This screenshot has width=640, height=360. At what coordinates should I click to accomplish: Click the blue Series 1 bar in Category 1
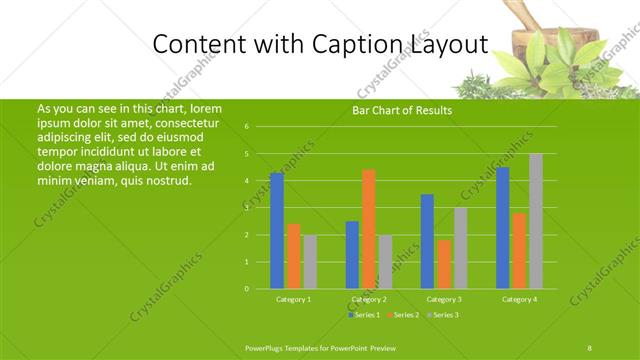point(277,230)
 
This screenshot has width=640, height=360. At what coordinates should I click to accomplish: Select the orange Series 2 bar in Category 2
point(368,229)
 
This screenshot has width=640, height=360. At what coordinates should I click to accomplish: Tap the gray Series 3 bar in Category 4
point(536,221)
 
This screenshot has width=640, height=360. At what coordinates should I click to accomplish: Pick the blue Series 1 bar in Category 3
point(427,241)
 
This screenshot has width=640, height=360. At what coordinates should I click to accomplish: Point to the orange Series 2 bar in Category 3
point(444,264)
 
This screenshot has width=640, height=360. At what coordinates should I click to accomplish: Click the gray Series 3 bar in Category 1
point(310,261)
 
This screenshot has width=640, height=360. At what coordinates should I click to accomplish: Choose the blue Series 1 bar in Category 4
point(502,228)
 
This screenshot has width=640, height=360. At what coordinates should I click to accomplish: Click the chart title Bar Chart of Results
point(401,110)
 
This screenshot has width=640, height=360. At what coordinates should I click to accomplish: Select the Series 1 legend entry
point(363,315)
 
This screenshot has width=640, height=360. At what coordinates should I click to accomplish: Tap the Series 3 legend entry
point(442,315)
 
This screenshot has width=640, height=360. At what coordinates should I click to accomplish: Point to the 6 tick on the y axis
point(246,127)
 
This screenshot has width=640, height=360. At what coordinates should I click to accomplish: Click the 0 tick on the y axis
point(246,289)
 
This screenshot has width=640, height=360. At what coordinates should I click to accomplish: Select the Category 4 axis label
point(519,299)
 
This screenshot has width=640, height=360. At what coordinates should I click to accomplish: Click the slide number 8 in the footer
point(590,346)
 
